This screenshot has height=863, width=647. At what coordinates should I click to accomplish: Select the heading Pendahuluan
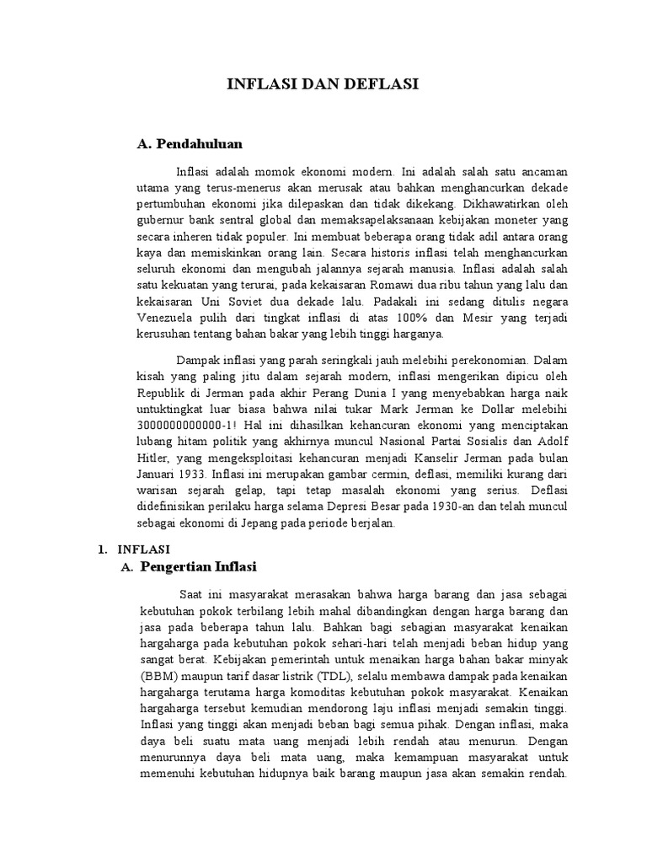pos(198,144)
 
